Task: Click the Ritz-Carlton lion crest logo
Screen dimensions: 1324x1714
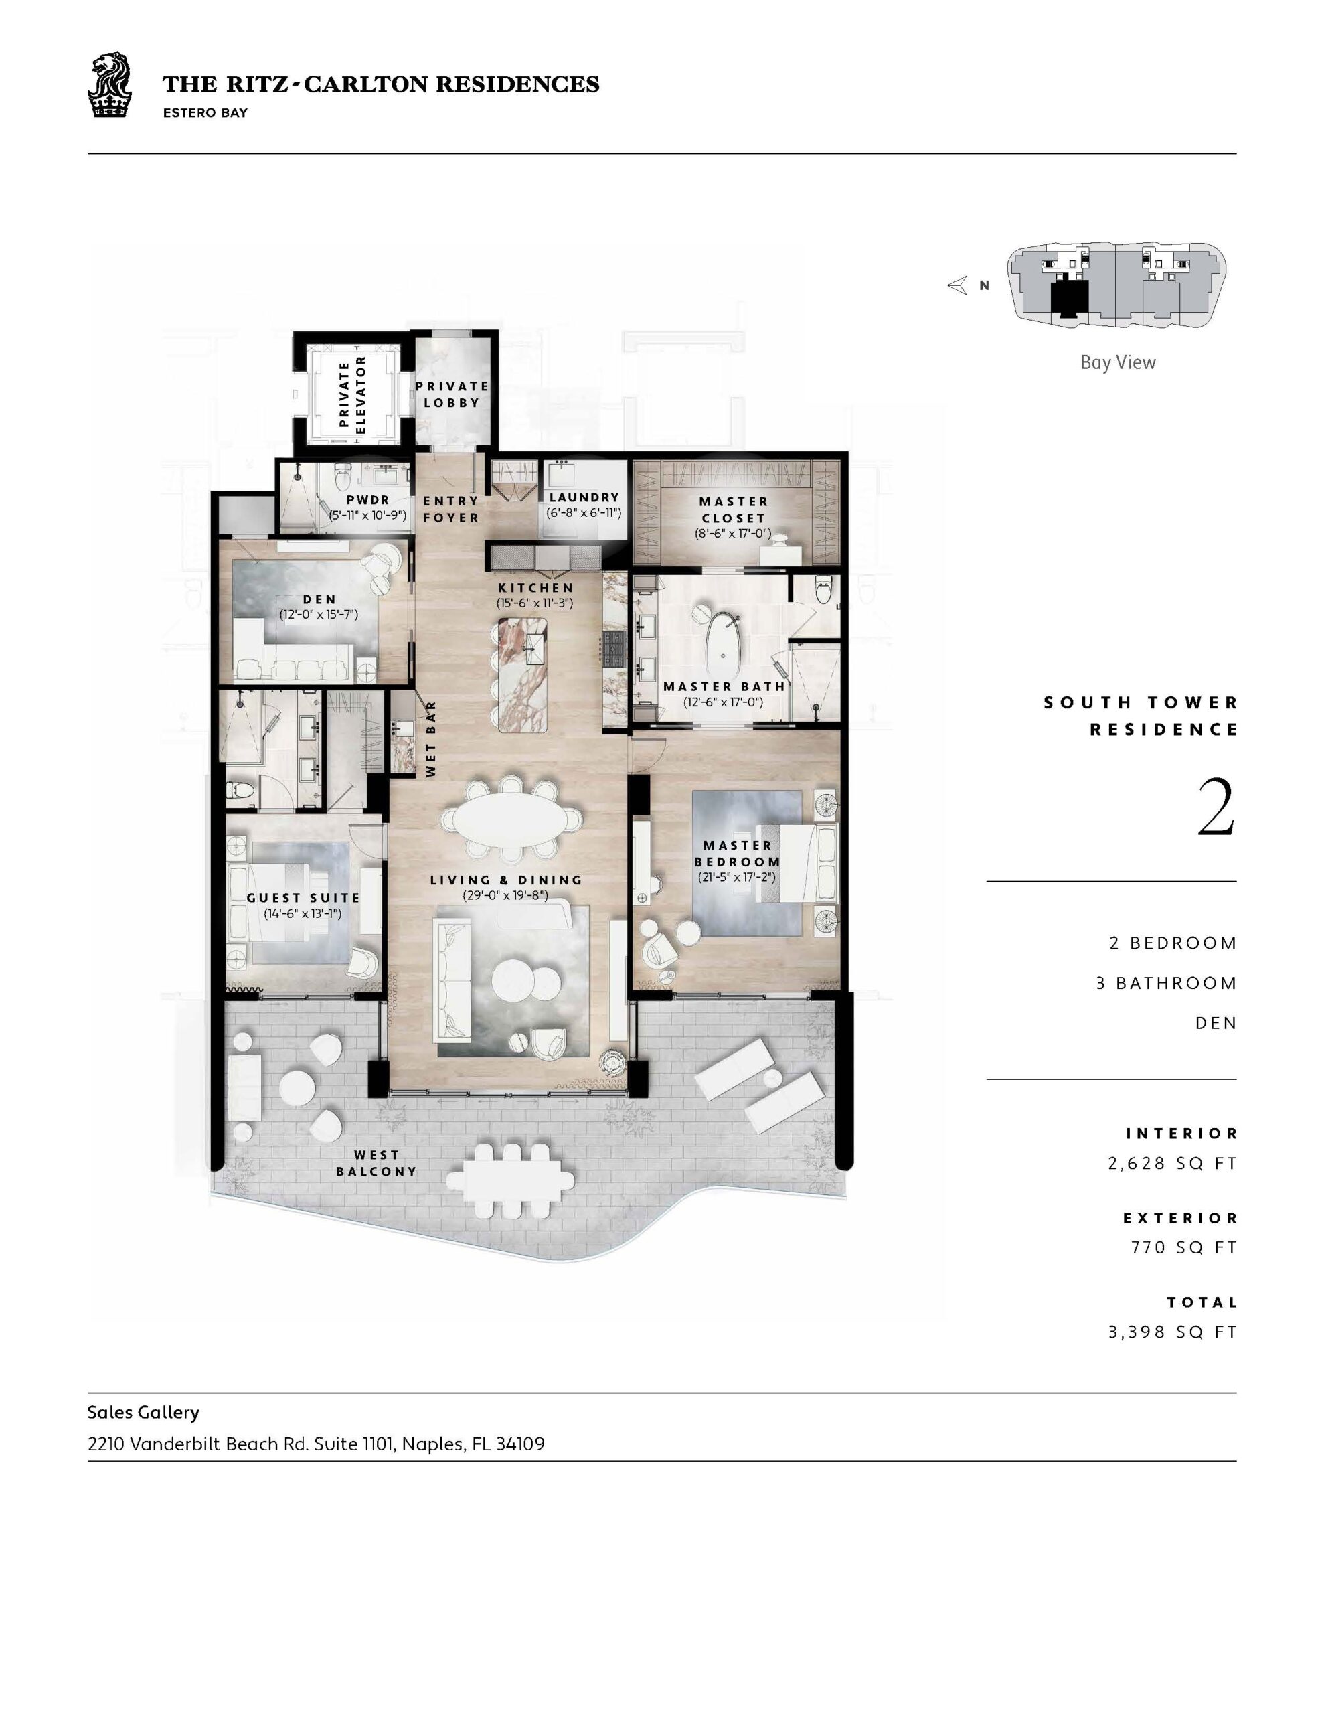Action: (x=109, y=85)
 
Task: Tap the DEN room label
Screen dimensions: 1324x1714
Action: (x=319, y=599)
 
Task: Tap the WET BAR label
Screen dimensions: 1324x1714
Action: (x=431, y=740)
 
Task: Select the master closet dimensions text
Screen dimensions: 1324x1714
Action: (x=733, y=534)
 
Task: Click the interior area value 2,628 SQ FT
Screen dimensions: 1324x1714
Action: (x=1173, y=1163)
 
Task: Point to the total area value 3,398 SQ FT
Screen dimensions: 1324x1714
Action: (x=1173, y=1332)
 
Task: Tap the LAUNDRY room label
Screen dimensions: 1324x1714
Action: (x=584, y=497)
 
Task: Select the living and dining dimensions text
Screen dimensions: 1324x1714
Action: (x=505, y=894)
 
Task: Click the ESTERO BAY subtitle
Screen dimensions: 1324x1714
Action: (x=205, y=113)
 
